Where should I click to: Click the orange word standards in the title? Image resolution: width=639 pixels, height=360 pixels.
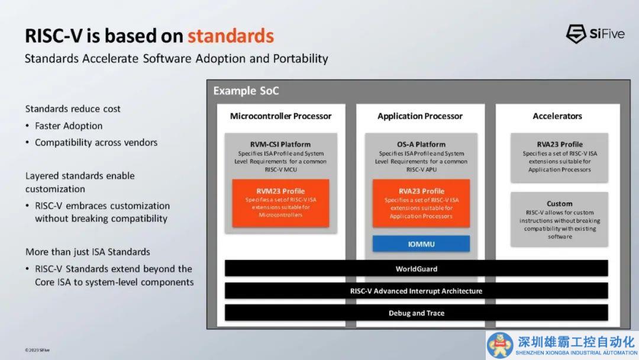pos(231,36)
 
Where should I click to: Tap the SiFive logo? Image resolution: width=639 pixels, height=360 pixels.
pos(595,34)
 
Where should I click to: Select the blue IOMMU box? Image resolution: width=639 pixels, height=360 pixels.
pos(421,244)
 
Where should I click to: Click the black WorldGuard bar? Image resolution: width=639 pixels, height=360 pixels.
pos(416,269)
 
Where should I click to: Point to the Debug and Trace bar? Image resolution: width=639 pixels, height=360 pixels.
pos(416,313)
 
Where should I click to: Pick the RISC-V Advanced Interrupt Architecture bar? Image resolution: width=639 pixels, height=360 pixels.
pos(416,291)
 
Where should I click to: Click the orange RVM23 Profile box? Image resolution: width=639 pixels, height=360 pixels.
pos(280,203)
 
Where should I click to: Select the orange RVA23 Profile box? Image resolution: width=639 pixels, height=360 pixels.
pos(421,203)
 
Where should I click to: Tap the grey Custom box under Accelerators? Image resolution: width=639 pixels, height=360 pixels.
pos(559,219)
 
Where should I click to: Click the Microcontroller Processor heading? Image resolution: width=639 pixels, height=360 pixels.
pos(281,116)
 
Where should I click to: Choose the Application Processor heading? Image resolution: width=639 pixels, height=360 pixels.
pos(419,116)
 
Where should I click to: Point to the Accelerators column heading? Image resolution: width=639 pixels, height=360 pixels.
pos(557,116)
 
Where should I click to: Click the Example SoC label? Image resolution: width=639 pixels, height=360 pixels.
pos(246,91)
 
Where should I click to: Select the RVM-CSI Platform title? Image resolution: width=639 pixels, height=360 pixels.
pos(280,144)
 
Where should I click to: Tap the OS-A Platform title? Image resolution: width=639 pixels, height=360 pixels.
pos(421,144)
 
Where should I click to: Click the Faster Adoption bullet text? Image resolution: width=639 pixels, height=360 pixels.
pos(69,126)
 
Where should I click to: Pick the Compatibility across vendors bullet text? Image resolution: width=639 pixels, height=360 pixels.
pos(96,142)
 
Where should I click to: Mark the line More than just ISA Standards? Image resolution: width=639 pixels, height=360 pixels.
pos(88,252)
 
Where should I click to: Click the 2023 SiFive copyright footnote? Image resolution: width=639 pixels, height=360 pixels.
pos(37,350)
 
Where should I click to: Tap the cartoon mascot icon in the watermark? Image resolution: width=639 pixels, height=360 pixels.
pos(499,345)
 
